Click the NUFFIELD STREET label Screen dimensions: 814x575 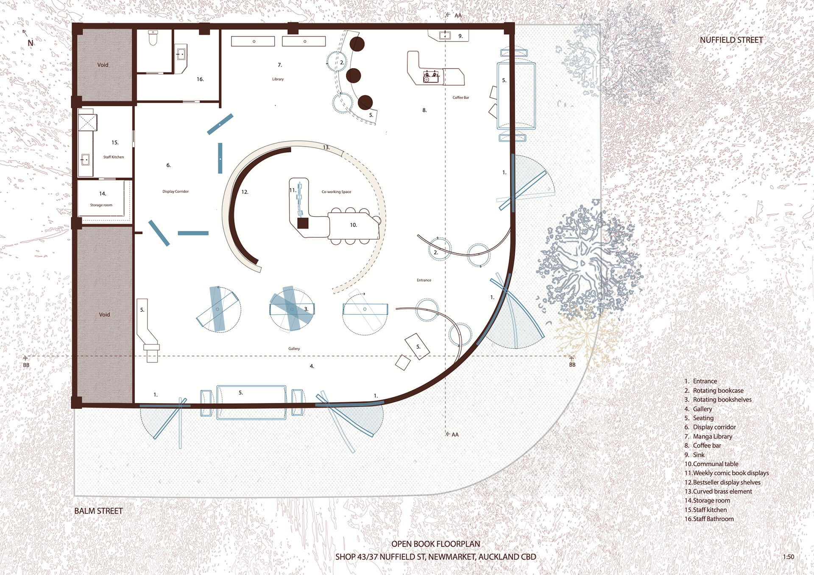[x=731, y=40]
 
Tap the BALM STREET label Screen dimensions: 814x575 [x=98, y=511]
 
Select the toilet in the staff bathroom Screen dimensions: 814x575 [x=153, y=38]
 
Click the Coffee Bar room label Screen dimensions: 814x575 [x=461, y=97]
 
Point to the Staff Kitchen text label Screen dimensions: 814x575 [x=114, y=157]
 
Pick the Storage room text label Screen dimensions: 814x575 [x=101, y=205]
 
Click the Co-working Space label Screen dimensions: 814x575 [x=336, y=192]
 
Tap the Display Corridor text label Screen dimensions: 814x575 [x=176, y=192]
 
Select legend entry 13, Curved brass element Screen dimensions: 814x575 [x=718, y=492]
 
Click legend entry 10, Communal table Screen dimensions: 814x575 [x=711, y=464]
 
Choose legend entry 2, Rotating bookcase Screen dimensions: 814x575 [x=714, y=391]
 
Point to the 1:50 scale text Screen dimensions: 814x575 [x=789, y=557]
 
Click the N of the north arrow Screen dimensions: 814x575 [x=31, y=43]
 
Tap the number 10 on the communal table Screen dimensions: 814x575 [x=353, y=225]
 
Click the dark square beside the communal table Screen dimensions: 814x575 [x=303, y=223]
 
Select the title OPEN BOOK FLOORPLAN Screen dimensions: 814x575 [x=436, y=544]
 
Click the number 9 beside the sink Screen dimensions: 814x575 [x=460, y=36]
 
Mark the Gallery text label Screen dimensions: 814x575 [x=294, y=349]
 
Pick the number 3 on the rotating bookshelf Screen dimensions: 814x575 [x=306, y=309]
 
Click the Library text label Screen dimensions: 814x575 [x=278, y=79]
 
